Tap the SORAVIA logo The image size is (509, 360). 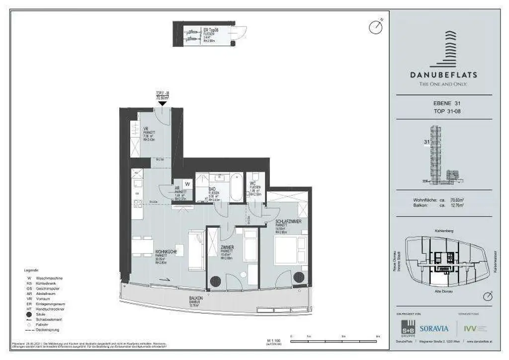(434, 328)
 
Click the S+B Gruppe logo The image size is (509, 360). (408, 329)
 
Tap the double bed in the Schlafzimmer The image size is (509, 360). (286, 250)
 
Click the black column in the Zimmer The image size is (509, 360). (215, 281)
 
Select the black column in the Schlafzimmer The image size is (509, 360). (299, 277)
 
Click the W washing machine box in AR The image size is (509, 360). (187, 183)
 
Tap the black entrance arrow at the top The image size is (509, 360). (162, 103)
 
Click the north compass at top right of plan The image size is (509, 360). (376, 27)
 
